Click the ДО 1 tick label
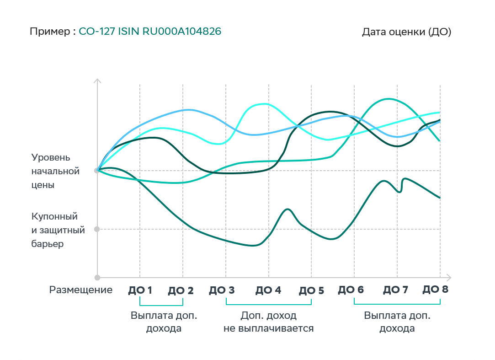coord(140,290)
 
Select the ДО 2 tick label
coord(181,290)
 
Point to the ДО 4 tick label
coord(268,290)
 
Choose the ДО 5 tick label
coord(311,290)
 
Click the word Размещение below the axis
coord(81,290)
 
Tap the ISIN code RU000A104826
coord(182,32)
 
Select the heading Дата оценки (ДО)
coord(406,32)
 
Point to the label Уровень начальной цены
coord(55,172)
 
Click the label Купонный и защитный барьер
coord(58,230)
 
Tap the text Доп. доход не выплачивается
coord(268,322)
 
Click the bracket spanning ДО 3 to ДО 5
coord(268,304)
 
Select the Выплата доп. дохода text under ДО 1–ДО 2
coord(164,322)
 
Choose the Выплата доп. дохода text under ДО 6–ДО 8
coord(397,322)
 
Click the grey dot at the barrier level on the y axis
coord(96,229)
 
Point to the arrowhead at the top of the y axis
coord(97,81)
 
